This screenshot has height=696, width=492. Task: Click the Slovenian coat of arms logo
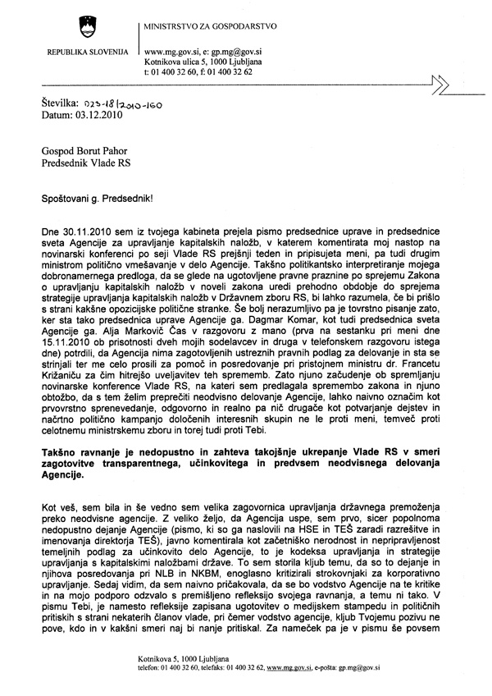[x=82, y=25]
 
